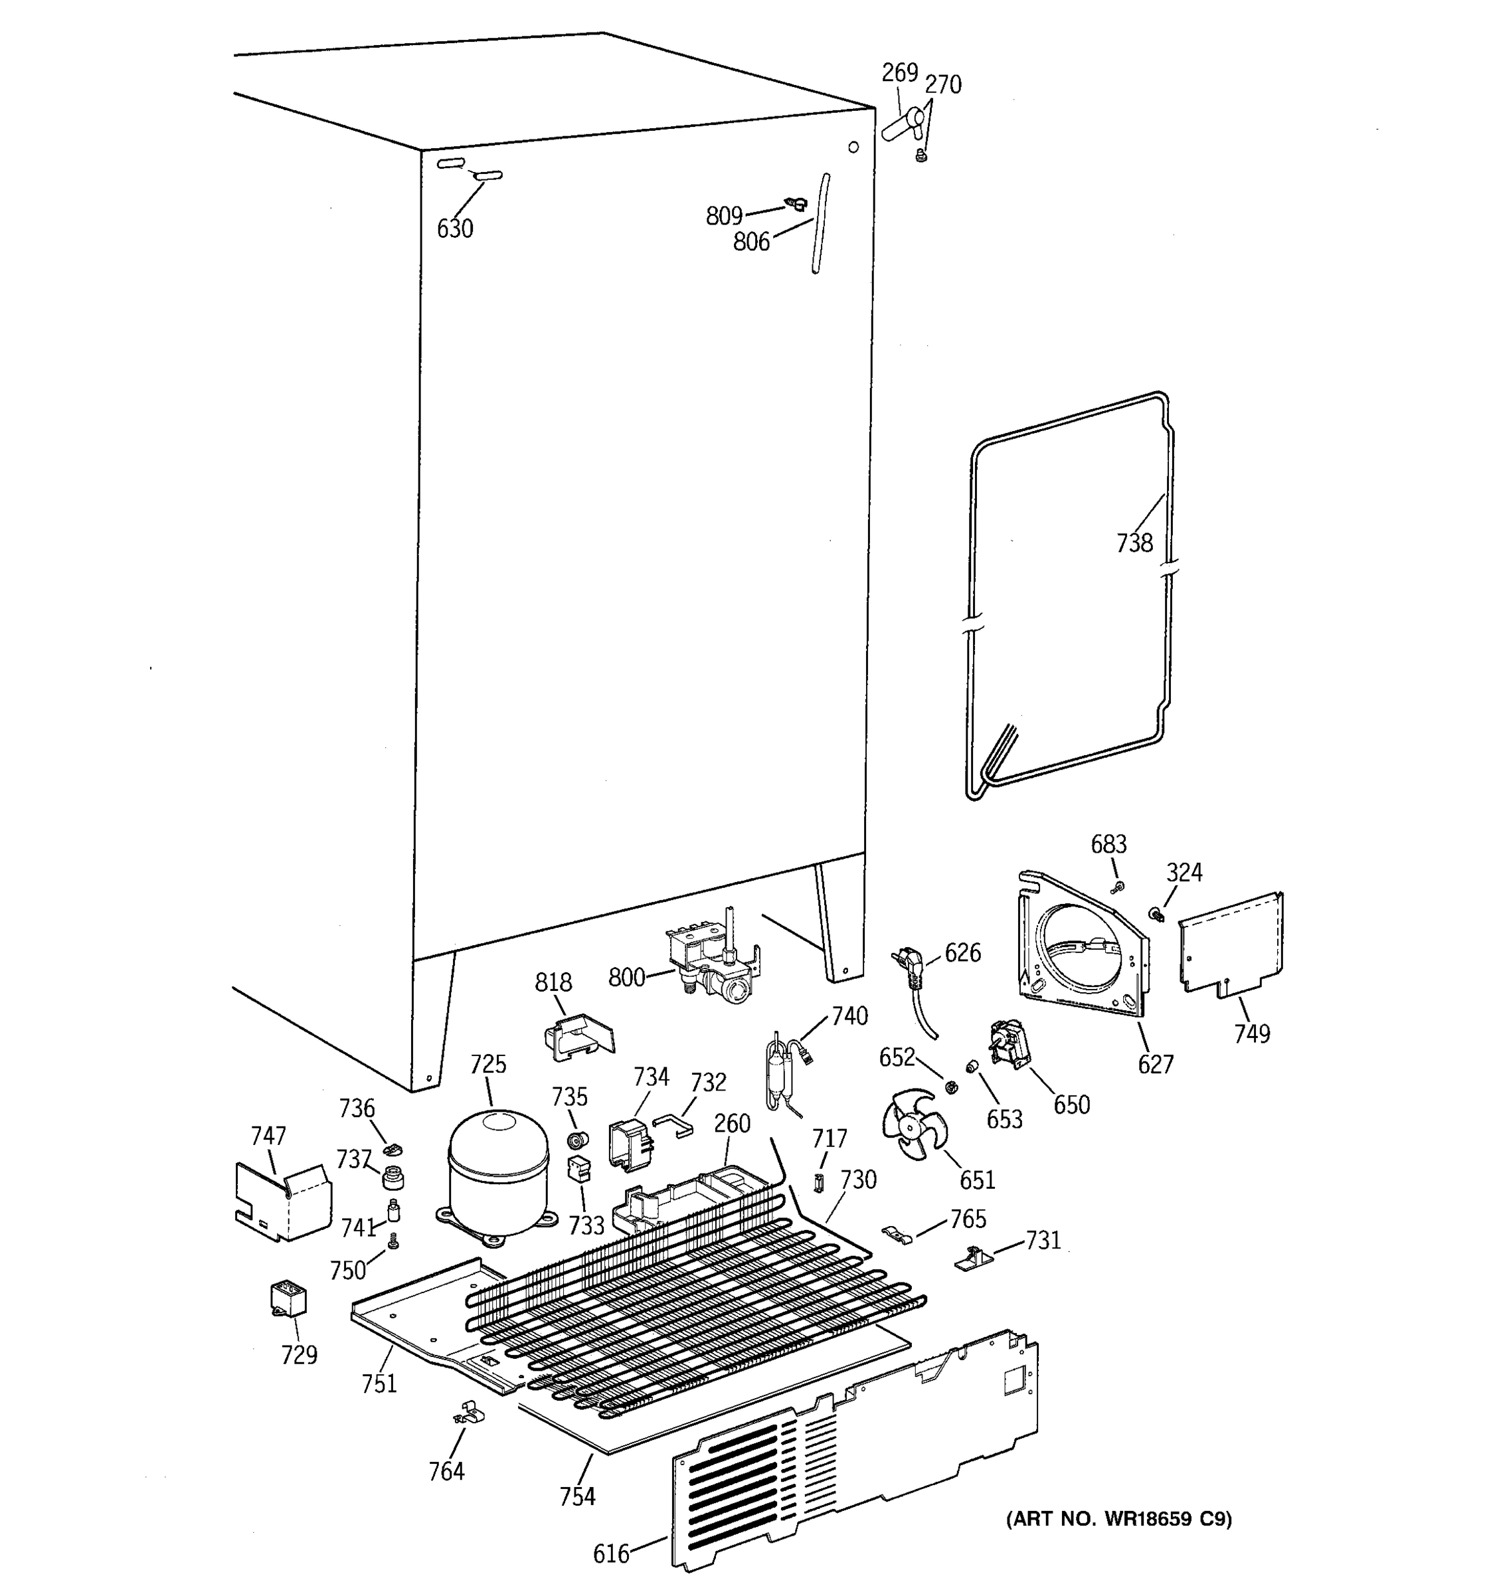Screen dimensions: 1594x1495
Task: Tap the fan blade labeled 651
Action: tap(910, 1123)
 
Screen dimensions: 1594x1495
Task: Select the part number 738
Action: tap(1134, 543)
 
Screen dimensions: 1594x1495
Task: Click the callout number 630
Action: tap(454, 229)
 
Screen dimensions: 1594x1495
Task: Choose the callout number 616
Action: tap(611, 1554)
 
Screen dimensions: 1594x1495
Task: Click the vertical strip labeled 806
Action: tap(820, 224)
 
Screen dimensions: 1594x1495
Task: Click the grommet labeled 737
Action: tap(392, 1177)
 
